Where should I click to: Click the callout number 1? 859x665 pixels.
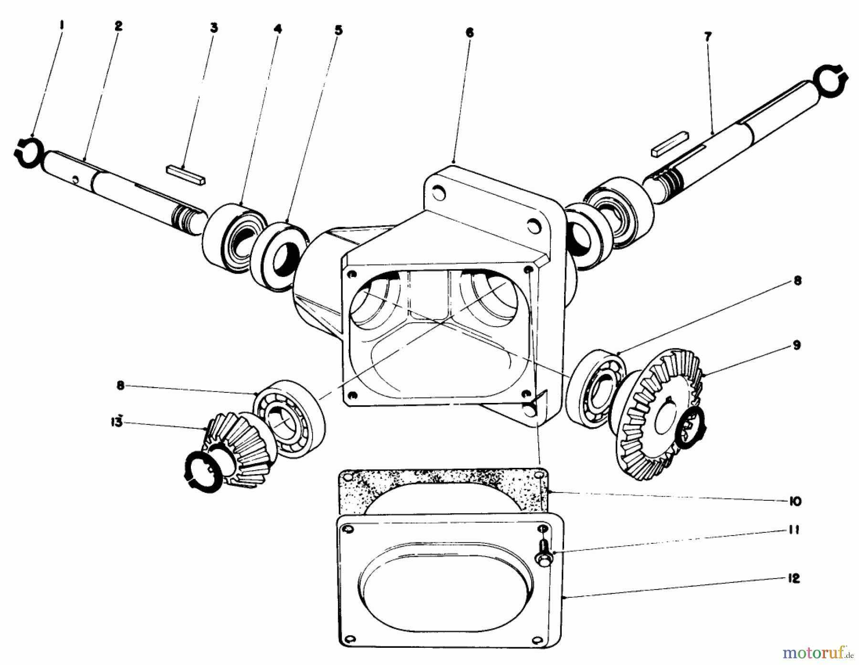(x=61, y=22)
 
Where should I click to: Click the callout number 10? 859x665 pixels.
(x=795, y=501)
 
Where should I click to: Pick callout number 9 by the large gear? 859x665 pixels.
(x=796, y=345)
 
